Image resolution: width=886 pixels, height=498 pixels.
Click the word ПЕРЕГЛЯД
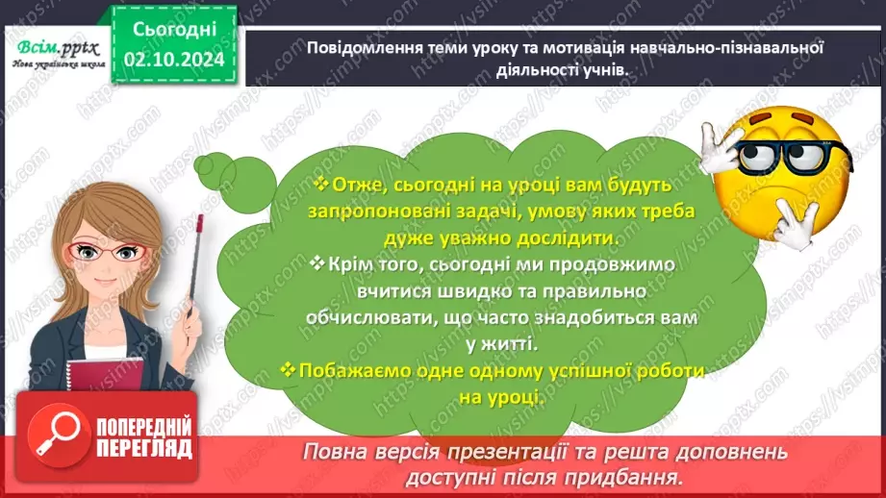(143, 448)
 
